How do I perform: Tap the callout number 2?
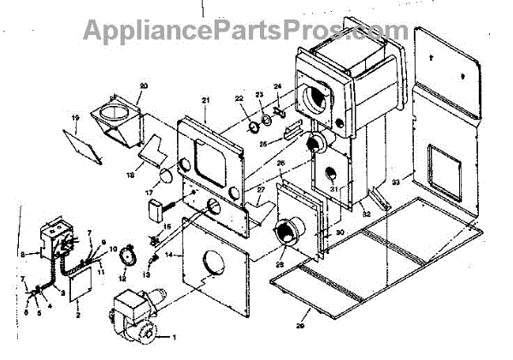click(x=78, y=316)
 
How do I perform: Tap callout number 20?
click(x=144, y=86)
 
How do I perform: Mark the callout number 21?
click(x=205, y=101)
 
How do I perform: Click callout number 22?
click(x=241, y=98)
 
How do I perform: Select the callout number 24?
click(x=278, y=86)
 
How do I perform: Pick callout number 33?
click(x=395, y=181)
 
